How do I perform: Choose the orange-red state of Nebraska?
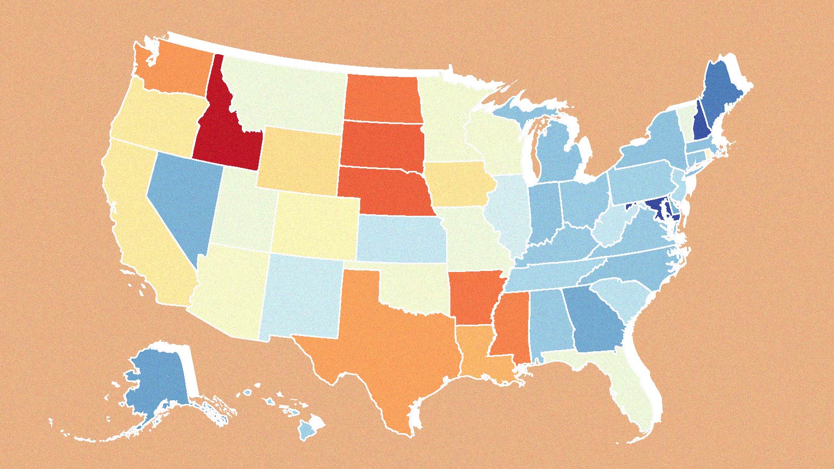point(386,190)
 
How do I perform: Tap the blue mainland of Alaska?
point(156,380)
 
